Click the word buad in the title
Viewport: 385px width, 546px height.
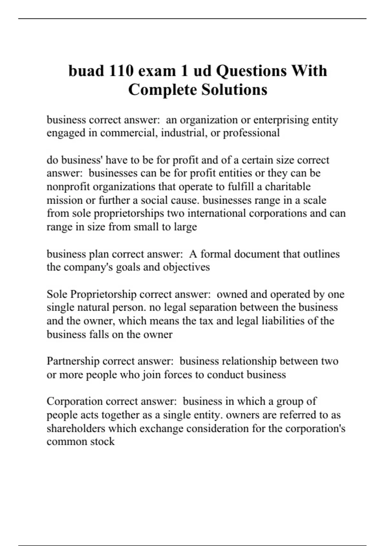click(x=86, y=71)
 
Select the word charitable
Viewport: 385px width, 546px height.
click(x=288, y=187)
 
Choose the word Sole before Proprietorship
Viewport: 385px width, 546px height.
click(x=57, y=294)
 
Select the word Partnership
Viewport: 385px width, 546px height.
click(x=73, y=361)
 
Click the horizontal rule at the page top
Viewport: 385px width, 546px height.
click(x=193, y=19)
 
